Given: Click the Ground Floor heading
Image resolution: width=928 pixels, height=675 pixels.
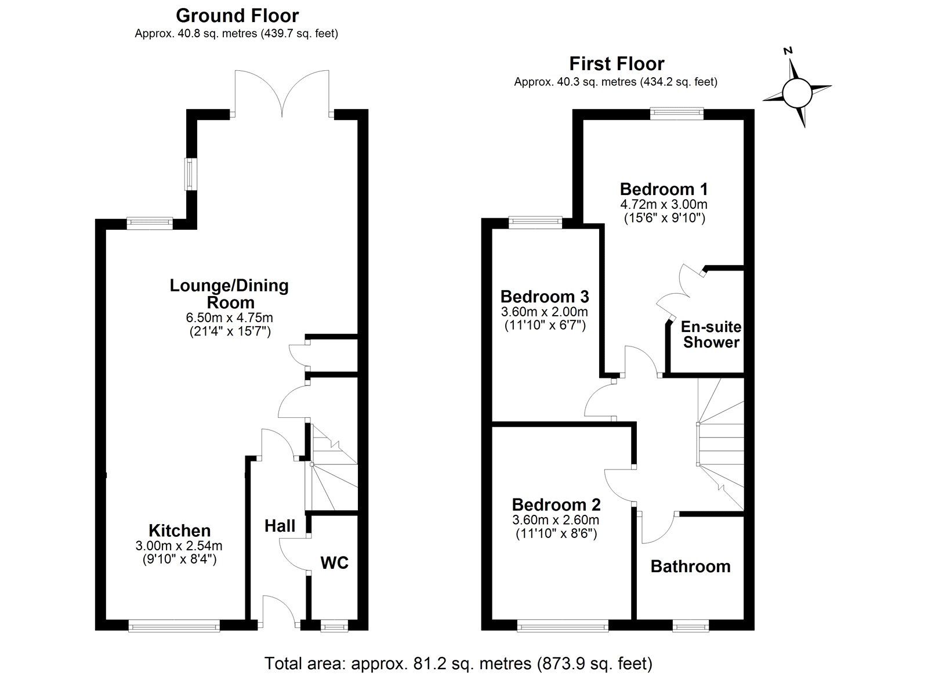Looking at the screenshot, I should pos(237,15).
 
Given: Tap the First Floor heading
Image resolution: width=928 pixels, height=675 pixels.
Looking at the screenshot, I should pos(617,63).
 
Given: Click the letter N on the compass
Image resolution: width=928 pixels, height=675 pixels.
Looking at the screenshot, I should pos(788,51).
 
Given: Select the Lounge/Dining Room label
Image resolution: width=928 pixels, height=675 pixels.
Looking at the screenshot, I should pos(229,294).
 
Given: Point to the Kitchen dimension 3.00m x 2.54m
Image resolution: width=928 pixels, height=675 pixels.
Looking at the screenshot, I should pos(179,546).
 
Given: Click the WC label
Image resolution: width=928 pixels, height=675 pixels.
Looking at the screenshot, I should pos(335,562).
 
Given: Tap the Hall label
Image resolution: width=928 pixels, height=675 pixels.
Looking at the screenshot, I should pos(280,526).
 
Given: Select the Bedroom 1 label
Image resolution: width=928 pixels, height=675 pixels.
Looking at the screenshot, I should pos(664,189).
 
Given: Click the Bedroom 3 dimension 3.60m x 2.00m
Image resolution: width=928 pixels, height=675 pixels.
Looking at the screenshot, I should pos(544,312).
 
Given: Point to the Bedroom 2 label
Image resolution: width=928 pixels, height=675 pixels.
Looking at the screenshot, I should pos(556,504).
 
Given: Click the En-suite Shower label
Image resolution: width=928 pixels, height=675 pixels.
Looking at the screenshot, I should pos(711,334).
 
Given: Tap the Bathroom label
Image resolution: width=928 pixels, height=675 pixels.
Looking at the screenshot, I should pos(690,566).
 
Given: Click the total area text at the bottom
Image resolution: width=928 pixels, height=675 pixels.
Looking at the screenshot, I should pos(458,663).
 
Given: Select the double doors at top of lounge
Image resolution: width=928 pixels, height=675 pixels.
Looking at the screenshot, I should pos(282,93).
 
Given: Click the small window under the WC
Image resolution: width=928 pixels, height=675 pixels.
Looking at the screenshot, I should pos(333,626).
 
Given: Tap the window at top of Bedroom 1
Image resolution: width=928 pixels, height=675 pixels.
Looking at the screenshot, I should pos(676,114).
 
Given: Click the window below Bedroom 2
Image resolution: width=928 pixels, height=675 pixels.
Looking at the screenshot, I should pos(563,626).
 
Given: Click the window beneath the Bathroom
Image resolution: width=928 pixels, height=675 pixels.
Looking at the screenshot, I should pos(690,626).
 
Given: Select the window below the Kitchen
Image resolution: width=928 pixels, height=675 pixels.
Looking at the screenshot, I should pos(174,626).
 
